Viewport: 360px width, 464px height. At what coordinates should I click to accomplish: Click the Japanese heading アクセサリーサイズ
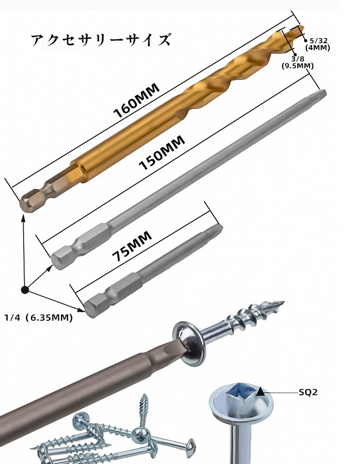pyautogui.click(x=100, y=40)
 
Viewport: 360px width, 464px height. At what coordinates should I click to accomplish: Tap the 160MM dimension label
pyautogui.click(x=137, y=100)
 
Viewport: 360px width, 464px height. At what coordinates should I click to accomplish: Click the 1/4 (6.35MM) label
pyautogui.click(x=38, y=318)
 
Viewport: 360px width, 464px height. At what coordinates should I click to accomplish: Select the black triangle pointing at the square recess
pyautogui.click(x=260, y=391)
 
